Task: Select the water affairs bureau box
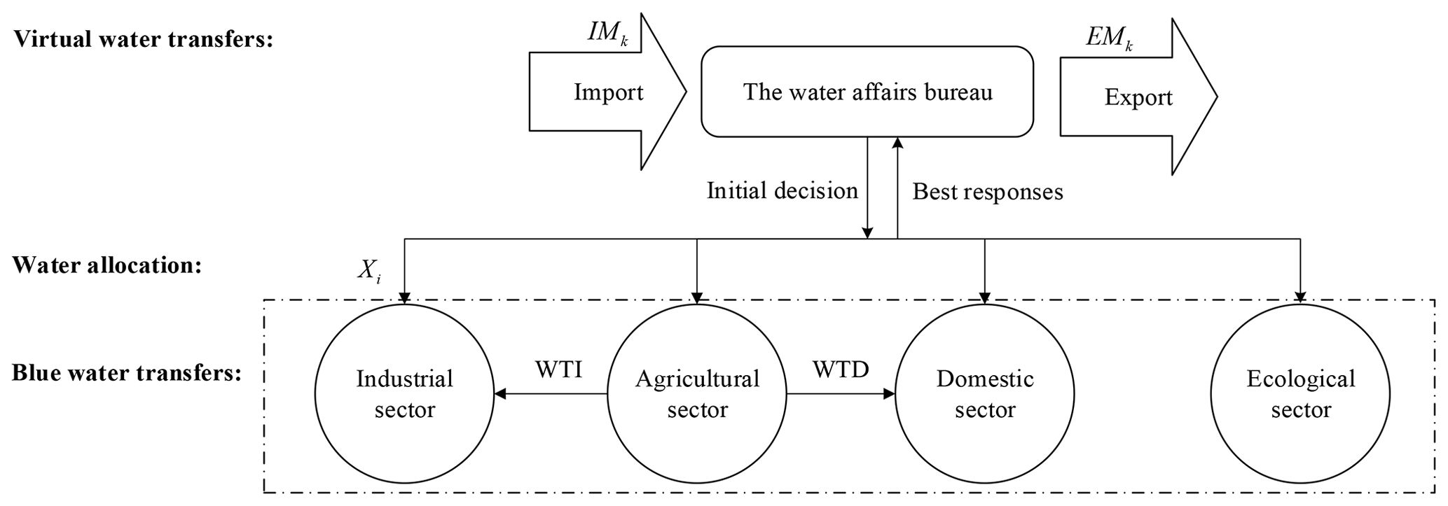click(867, 92)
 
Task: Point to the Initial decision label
click(782, 191)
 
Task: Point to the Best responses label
click(988, 192)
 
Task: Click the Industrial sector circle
click(404, 394)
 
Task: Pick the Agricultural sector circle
click(697, 394)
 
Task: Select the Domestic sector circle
click(985, 394)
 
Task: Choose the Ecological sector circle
click(1300, 394)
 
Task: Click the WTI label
click(558, 370)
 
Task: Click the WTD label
click(841, 370)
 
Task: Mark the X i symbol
click(369, 272)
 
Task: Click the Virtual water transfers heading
click(143, 39)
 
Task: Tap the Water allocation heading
click(106, 265)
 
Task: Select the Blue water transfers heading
click(126, 373)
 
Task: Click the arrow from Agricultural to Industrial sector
click(551, 394)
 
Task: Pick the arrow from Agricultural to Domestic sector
click(841, 394)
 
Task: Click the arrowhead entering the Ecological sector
click(1301, 297)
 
